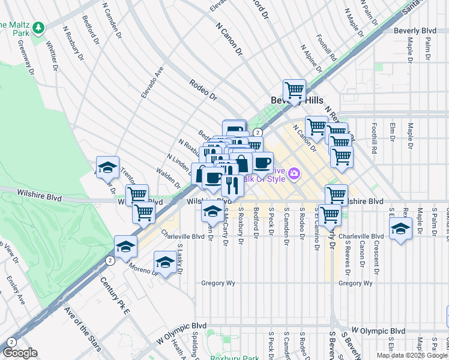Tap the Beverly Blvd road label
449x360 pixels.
coord(414,30)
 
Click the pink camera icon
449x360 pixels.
coord(294,174)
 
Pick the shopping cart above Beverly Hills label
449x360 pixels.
coord(294,90)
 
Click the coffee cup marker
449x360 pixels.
coord(262,162)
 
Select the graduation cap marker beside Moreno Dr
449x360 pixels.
coord(165,262)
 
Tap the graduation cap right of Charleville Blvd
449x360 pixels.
coord(400,229)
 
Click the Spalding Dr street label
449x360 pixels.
coord(196,344)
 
